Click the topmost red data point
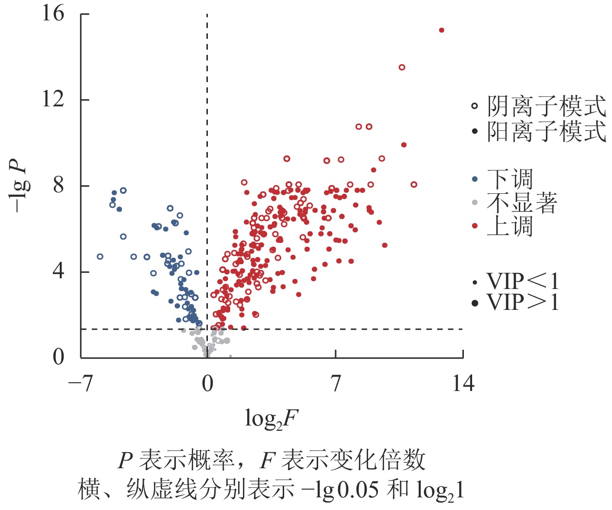click(x=442, y=30)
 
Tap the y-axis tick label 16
click(x=52, y=13)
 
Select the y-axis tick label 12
click(x=52, y=99)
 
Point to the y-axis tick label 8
click(x=58, y=185)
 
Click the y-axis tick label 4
click(x=58, y=271)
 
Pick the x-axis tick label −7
click(x=80, y=384)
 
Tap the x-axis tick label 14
click(x=463, y=384)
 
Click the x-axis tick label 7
click(x=336, y=384)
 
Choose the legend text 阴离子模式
click(x=546, y=106)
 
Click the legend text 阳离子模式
click(x=546, y=132)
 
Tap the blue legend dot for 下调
click(x=475, y=179)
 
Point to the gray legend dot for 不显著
click(x=475, y=203)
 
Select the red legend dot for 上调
click(x=475, y=226)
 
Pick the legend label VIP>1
click(x=523, y=303)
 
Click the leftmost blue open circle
click(x=100, y=256)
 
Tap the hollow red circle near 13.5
click(x=402, y=68)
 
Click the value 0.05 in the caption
click(x=358, y=490)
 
